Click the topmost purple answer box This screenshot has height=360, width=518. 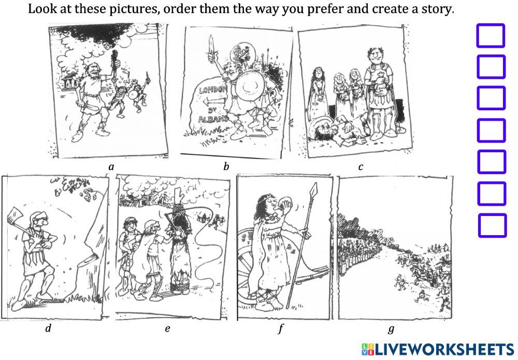(x=490, y=36)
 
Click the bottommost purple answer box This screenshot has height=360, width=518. (x=492, y=225)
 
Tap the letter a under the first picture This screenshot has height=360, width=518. (x=111, y=167)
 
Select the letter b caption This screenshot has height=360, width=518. (x=226, y=167)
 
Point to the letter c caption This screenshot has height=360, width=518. (x=361, y=167)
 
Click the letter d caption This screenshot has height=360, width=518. (x=48, y=328)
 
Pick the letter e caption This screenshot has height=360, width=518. (x=167, y=328)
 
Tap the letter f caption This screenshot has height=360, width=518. (x=281, y=328)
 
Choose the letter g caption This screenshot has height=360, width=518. (x=391, y=329)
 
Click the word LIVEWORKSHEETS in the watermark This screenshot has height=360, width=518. (x=443, y=348)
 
